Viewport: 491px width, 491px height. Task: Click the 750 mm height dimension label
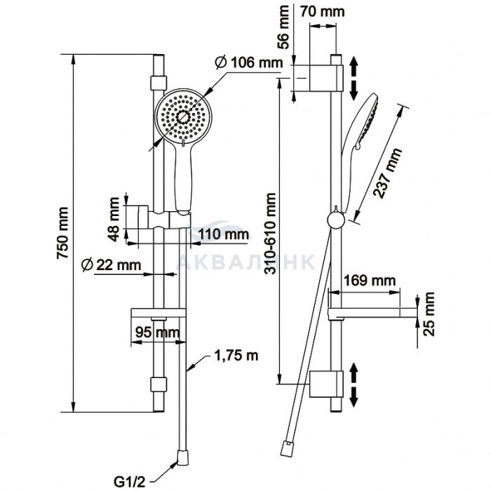(x=62, y=233)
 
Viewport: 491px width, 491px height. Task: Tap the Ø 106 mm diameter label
(x=249, y=62)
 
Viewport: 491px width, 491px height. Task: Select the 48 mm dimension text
(x=113, y=219)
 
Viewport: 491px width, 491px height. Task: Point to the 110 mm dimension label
(x=224, y=234)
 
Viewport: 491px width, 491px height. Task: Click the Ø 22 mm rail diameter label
(x=111, y=265)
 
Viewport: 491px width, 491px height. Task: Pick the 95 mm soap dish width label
(x=158, y=332)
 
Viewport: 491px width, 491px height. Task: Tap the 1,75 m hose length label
(x=236, y=356)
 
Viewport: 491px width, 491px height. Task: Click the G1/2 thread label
(x=127, y=482)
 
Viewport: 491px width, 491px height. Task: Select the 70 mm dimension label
(x=323, y=12)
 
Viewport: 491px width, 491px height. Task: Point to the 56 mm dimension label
(x=283, y=27)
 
